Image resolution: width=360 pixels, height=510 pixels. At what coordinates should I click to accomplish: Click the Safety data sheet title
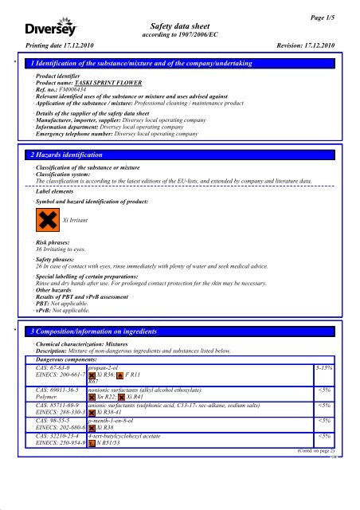179,25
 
